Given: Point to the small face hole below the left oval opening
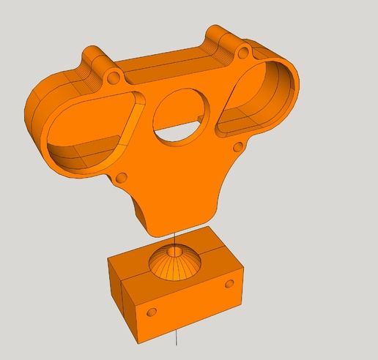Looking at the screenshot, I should point(122,176).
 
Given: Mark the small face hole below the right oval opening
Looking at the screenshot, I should point(238,149).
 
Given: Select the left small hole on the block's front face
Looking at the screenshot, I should point(152,312).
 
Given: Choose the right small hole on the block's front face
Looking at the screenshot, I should point(229,283).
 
